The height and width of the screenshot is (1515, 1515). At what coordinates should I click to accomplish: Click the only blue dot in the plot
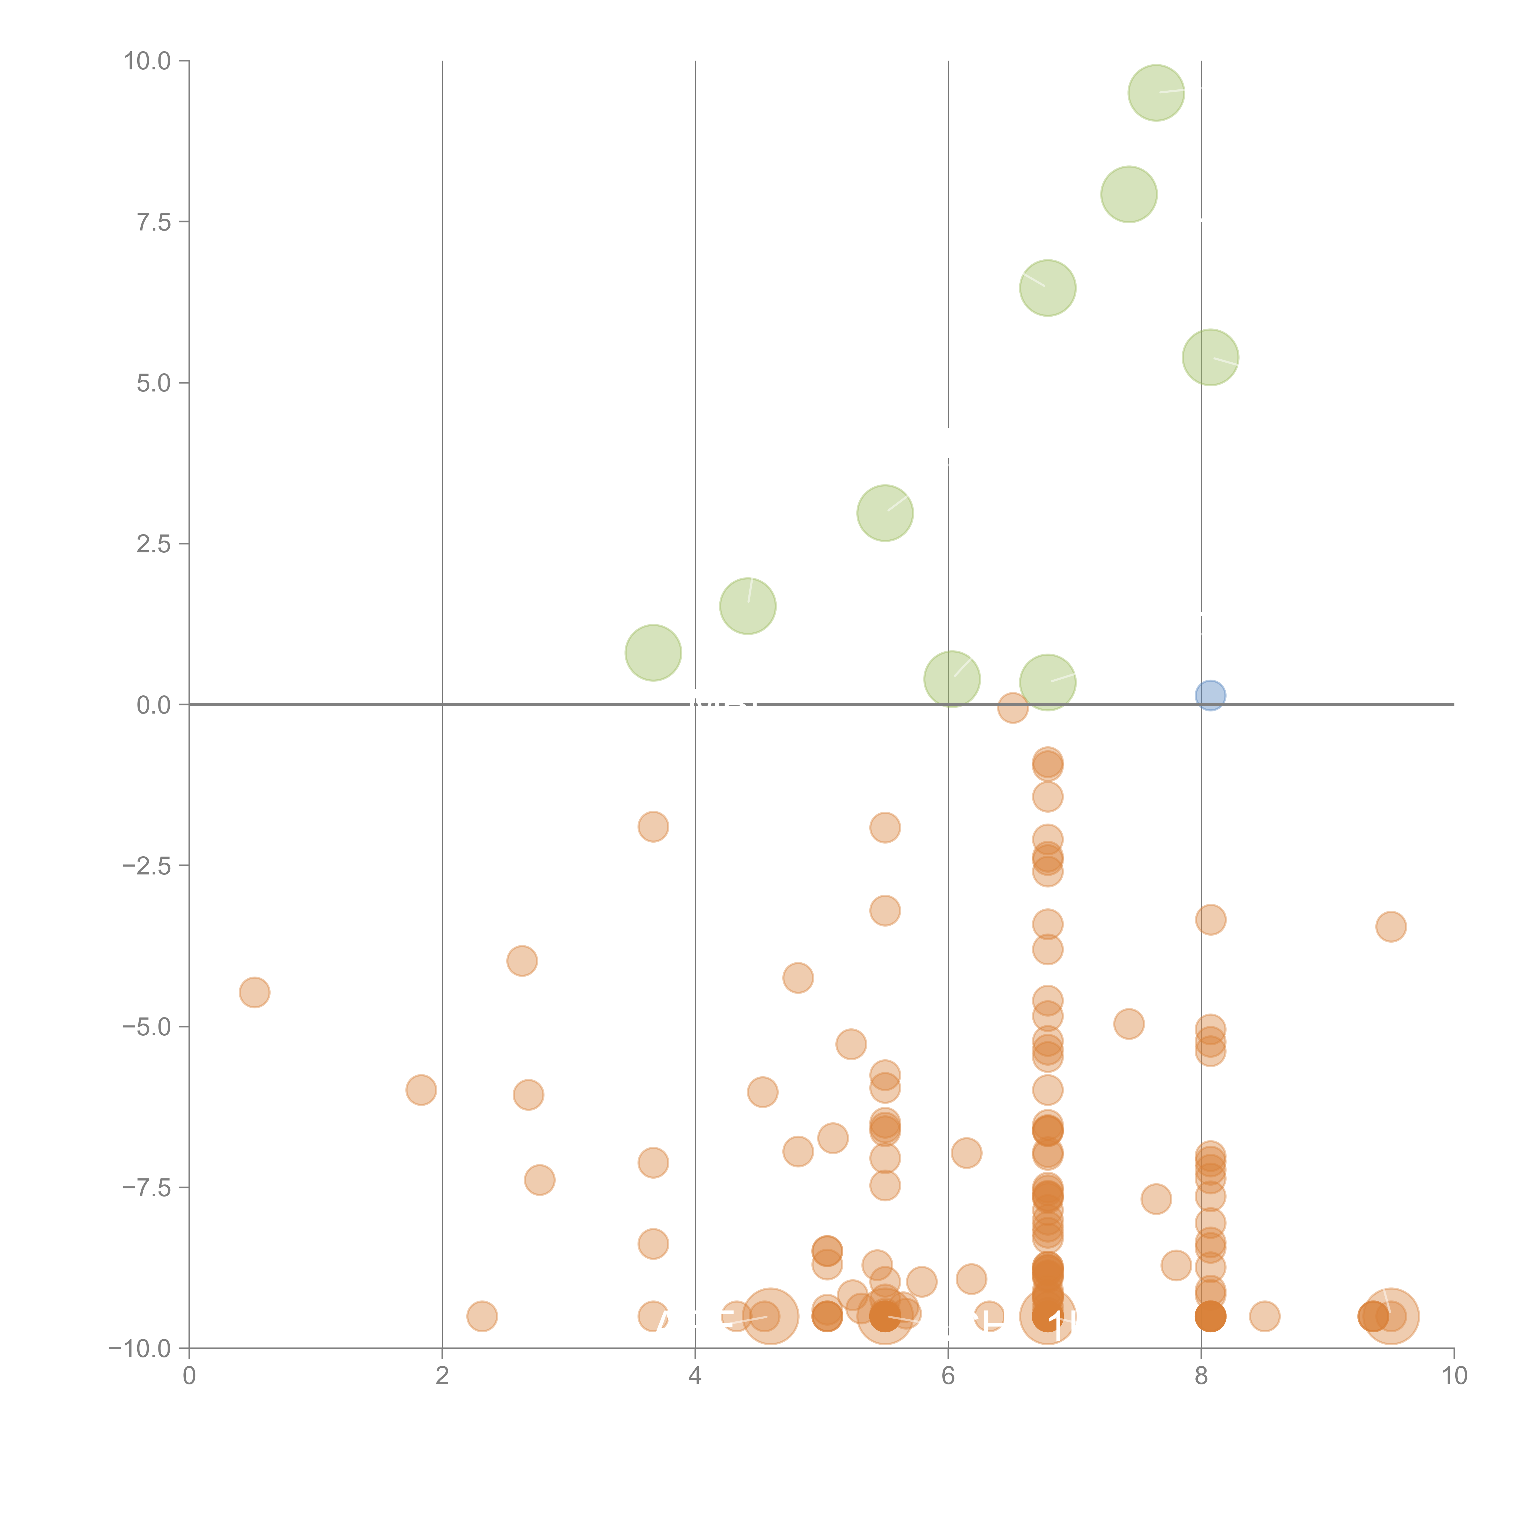[1210, 695]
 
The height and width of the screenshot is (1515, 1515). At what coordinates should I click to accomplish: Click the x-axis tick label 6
[948, 1376]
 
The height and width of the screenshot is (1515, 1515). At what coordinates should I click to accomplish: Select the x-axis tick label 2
[442, 1376]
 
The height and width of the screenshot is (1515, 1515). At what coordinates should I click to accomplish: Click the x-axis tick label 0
[189, 1376]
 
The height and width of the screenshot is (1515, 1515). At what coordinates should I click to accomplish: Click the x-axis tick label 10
[1454, 1376]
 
